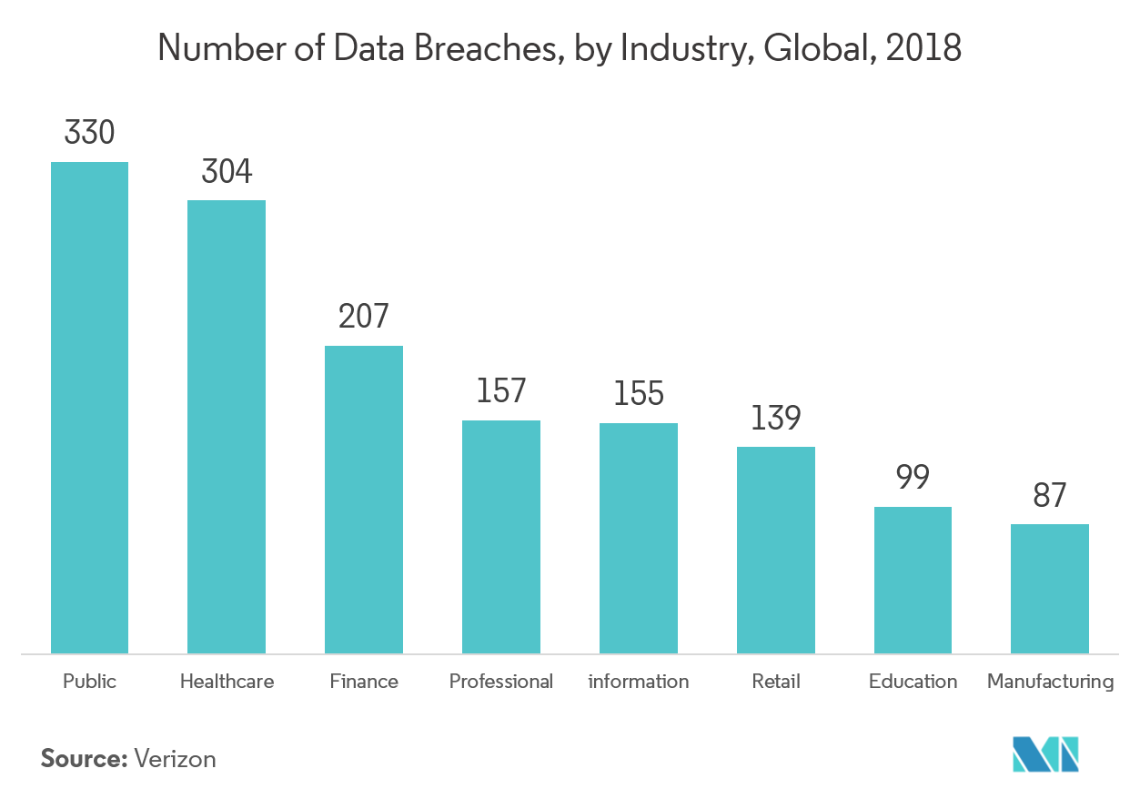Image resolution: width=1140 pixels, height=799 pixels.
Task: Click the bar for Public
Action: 89,407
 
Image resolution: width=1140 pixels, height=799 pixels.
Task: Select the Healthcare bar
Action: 227,426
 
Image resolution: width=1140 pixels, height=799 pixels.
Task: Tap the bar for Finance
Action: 364,499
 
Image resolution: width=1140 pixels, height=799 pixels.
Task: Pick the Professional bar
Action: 501,536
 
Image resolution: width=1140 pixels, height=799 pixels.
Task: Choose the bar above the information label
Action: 639,538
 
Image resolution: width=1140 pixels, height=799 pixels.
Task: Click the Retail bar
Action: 776,550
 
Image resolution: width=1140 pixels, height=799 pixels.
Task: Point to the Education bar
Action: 913,580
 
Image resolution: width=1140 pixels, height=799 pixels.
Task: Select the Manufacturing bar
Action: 1050,588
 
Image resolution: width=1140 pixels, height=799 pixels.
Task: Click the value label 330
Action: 89,133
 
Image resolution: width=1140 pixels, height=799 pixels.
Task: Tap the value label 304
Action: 227,171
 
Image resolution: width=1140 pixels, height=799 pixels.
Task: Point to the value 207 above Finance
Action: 364,317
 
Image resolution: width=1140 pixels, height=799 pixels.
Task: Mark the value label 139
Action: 776,418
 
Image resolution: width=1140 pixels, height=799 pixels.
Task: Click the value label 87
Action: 1050,496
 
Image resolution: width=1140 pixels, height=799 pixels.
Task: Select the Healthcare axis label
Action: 227,681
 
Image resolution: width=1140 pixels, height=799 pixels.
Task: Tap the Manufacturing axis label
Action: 1050,681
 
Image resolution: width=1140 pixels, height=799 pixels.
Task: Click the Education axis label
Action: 913,681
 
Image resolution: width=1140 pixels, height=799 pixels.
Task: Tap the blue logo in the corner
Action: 1045,753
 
